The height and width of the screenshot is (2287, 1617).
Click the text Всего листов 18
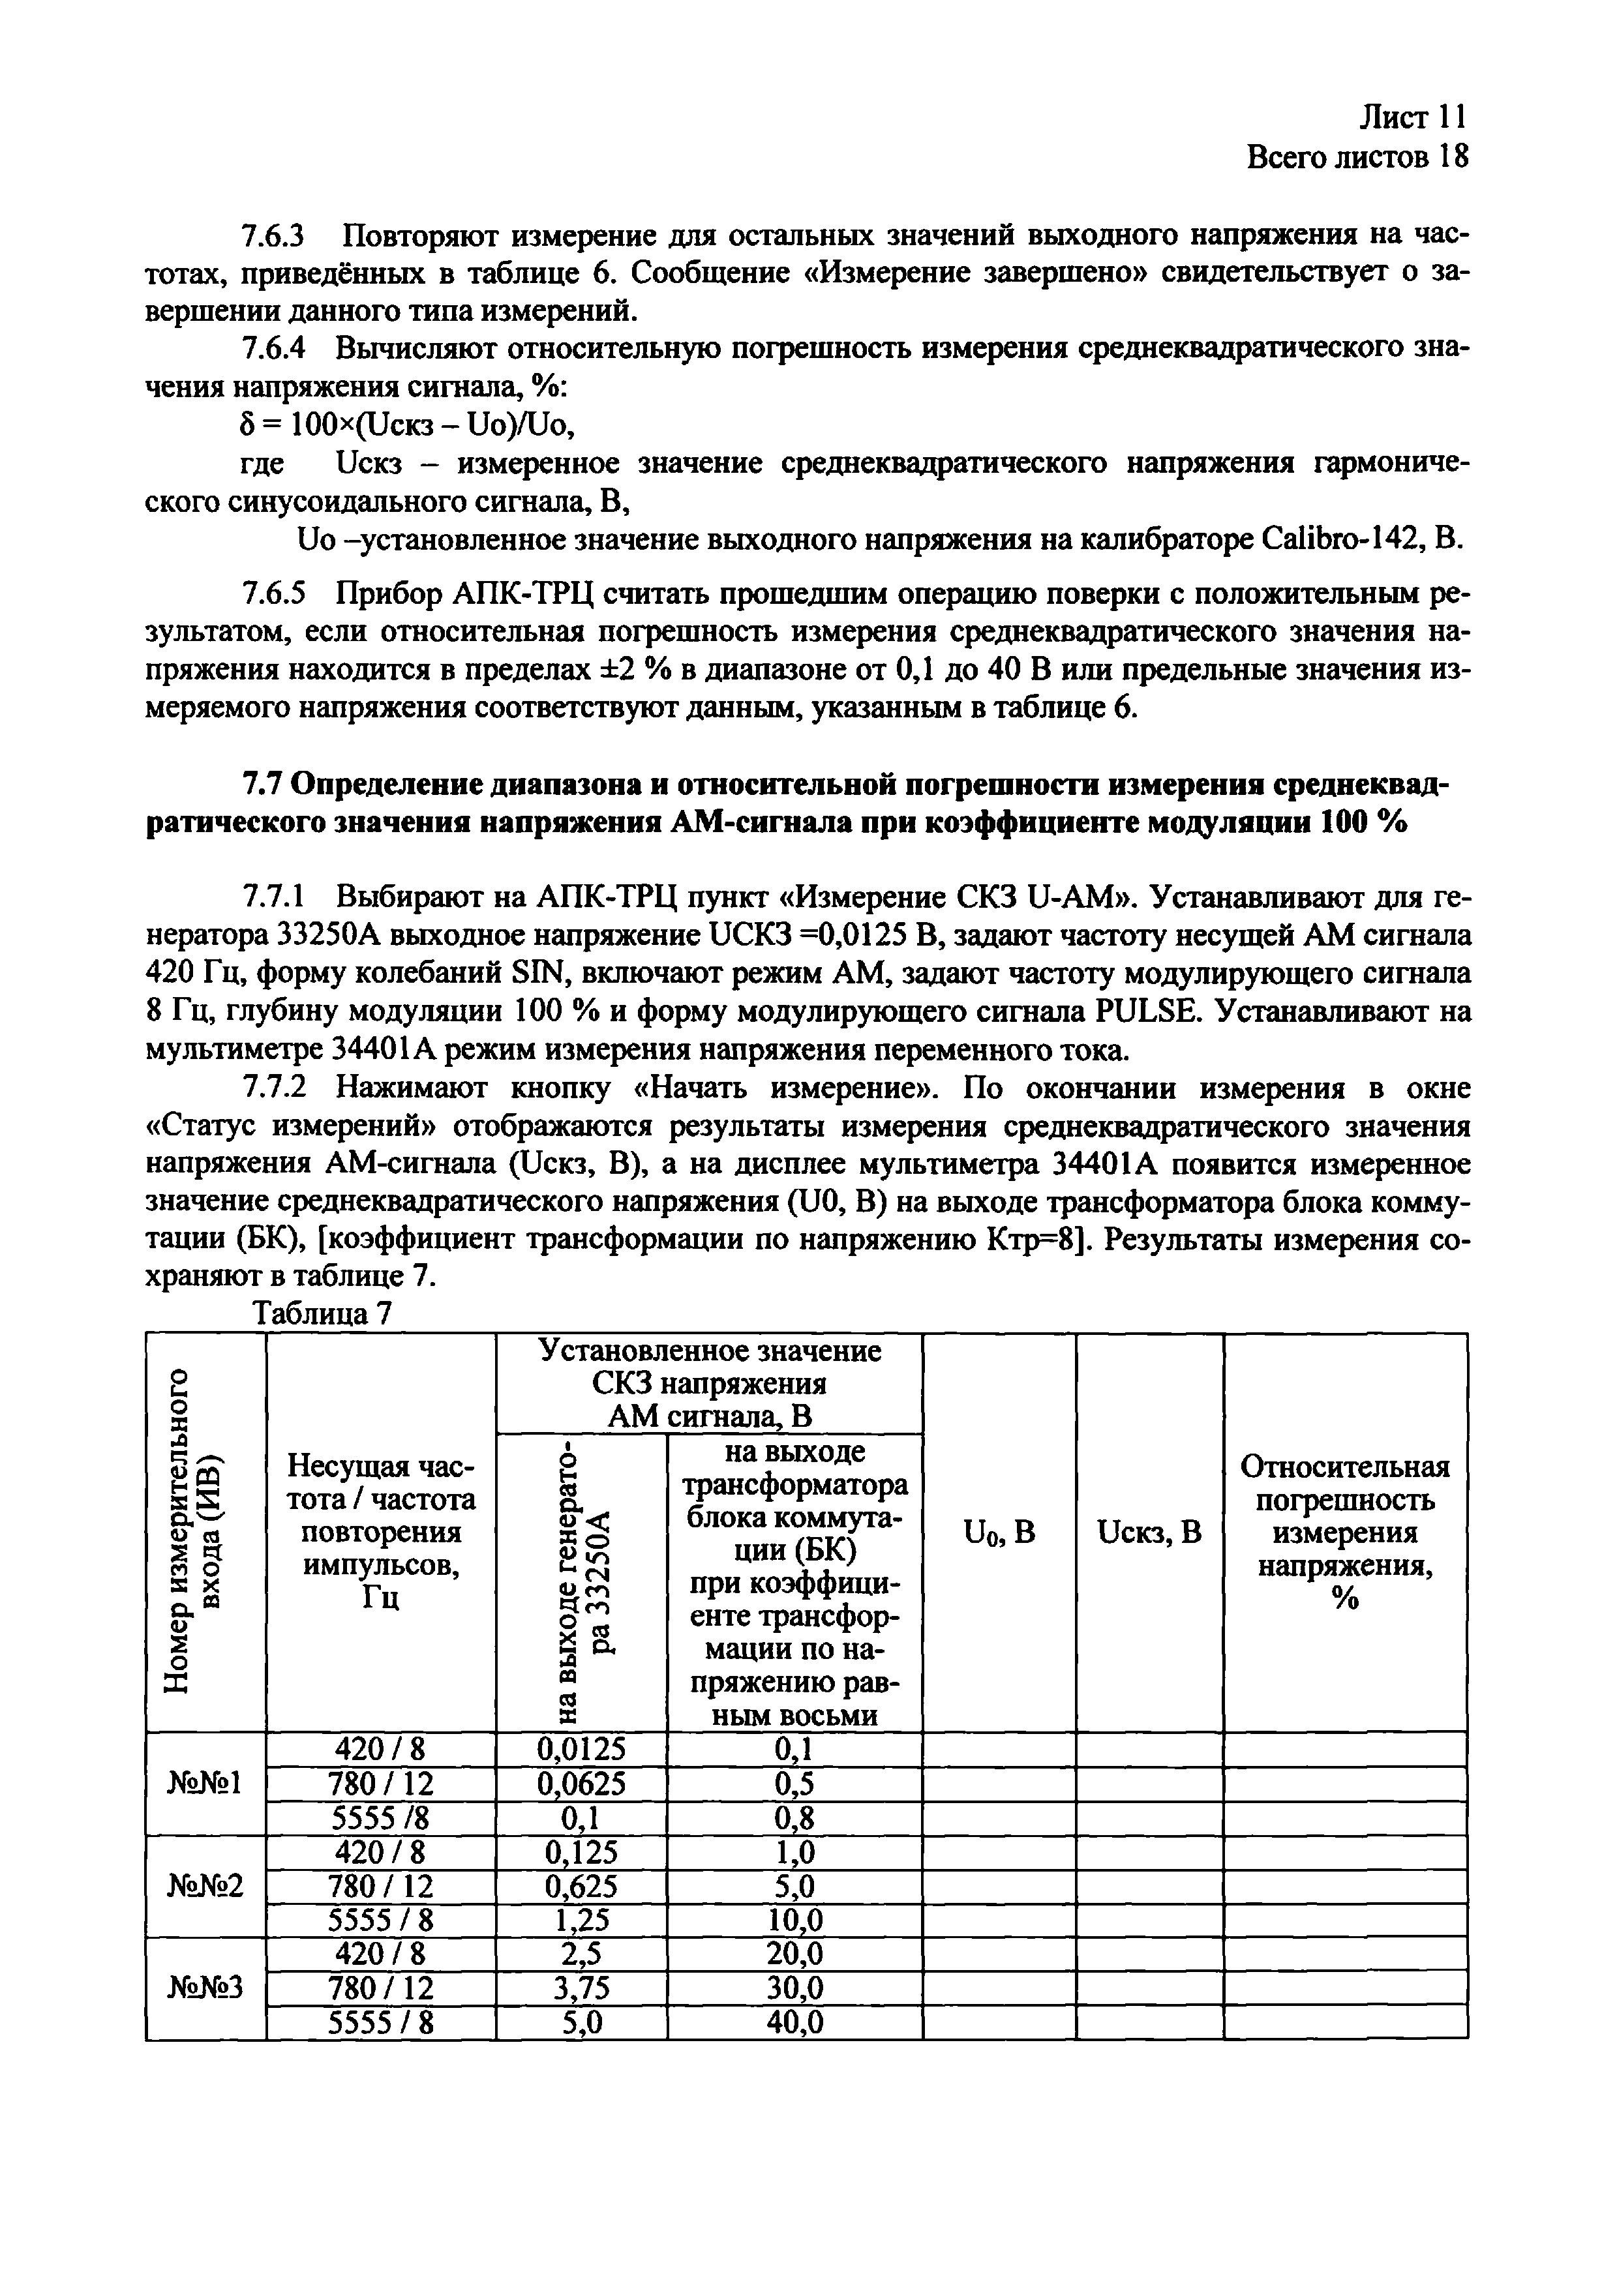click(1358, 157)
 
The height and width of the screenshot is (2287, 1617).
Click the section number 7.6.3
click(273, 237)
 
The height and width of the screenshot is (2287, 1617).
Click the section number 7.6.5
click(273, 593)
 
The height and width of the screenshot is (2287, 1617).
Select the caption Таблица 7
click(323, 1315)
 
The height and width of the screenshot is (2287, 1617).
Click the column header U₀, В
click(999, 1532)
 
